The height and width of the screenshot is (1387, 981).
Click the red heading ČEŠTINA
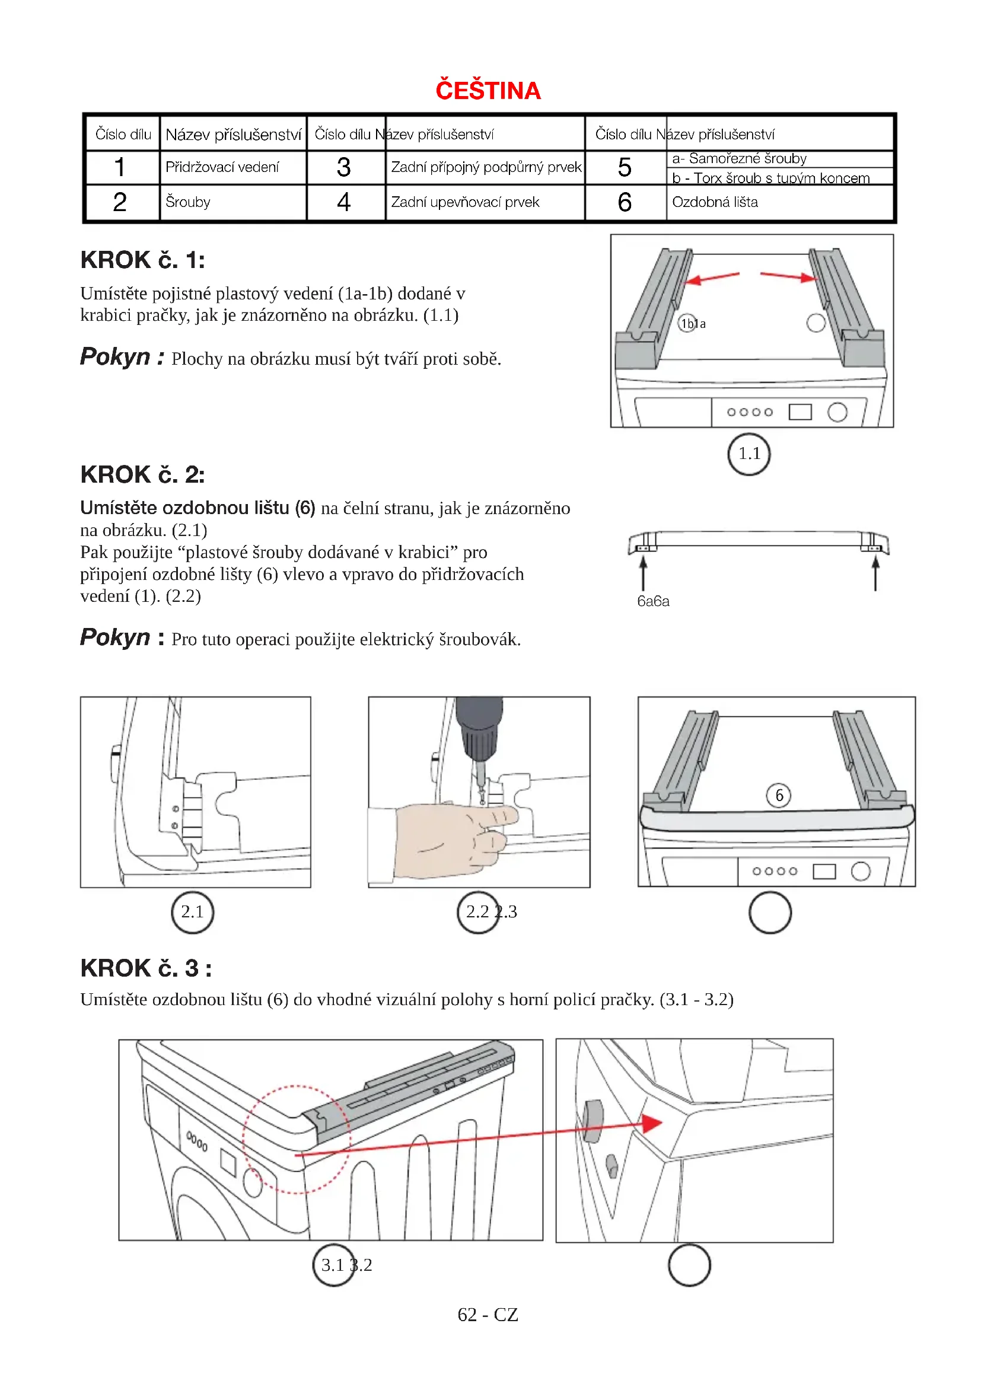coord(488,91)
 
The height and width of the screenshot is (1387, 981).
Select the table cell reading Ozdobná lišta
coord(715,202)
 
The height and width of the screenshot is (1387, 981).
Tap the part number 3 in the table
coord(344,167)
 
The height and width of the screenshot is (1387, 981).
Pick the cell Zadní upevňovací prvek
coord(465,202)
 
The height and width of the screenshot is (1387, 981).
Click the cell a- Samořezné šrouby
coord(740,158)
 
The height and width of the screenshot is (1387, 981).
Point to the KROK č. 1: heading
coord(142,260)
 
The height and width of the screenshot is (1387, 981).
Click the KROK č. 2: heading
coord(142,475)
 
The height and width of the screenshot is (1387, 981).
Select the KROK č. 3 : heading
coord(145,968)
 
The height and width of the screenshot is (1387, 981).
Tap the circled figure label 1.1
coord(749,454)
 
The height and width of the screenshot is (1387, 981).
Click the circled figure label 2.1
coord(192,911)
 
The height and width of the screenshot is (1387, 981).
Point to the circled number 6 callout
coord(779,795)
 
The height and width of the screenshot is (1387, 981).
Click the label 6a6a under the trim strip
coord(653,601)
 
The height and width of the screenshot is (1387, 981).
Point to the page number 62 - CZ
coord(488,1315)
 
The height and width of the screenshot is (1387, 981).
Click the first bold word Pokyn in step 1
coord(115,357)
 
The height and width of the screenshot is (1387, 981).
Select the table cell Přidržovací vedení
coord(222,167)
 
